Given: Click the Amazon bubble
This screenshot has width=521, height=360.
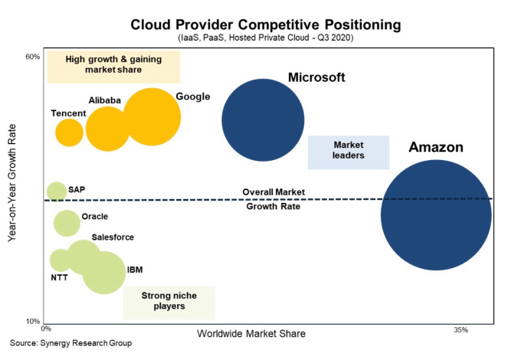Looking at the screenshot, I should pos(436,214).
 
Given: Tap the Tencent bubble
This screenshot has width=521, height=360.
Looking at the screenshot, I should pos(69,133).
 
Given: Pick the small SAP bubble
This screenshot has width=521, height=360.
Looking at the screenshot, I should pos(56,191).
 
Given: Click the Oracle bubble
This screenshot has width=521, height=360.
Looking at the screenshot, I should pos(67,223).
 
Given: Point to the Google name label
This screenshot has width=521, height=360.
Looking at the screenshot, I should pos(192,97).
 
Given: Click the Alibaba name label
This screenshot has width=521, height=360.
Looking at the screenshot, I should pos(105,100).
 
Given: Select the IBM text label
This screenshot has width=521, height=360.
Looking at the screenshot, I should pos(134,270).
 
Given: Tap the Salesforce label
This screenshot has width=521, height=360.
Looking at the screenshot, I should pos(113,237).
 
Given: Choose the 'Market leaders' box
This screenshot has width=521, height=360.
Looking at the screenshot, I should pos(349,152).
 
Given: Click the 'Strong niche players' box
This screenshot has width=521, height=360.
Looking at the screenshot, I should pos(169,302).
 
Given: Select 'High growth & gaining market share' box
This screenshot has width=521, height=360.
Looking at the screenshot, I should pos(113,65).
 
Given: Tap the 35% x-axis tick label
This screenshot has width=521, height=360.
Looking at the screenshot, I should pos(460,330).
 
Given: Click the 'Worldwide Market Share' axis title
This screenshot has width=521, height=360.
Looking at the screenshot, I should pos(251,334).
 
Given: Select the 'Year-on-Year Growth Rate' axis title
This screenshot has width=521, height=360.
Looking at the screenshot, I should pos(12,185).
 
